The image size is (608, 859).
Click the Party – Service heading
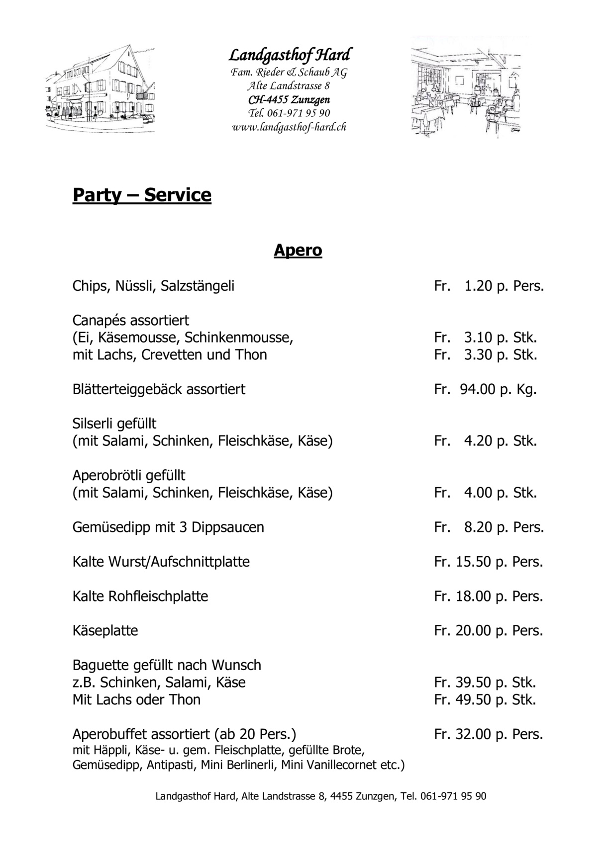coord(142,195)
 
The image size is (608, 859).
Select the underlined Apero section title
coord(298,250)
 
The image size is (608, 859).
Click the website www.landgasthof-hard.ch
coord(289,127)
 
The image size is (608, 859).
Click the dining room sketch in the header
coord(466,87)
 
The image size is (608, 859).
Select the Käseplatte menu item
coord(105,631)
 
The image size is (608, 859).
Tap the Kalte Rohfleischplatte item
coord(140,596)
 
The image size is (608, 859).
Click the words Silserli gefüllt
coord(114,424)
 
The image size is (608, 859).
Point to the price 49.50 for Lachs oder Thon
coord(473,700)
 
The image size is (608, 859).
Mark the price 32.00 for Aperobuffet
coord(473,734)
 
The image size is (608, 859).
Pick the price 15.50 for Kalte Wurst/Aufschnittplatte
coord(473,562)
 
